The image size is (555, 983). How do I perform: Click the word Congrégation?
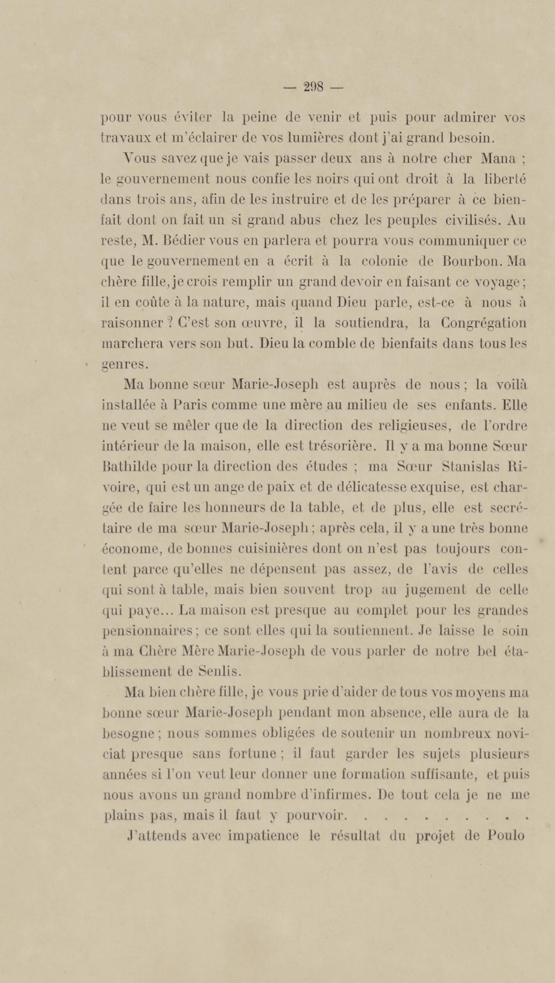(484, 323)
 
